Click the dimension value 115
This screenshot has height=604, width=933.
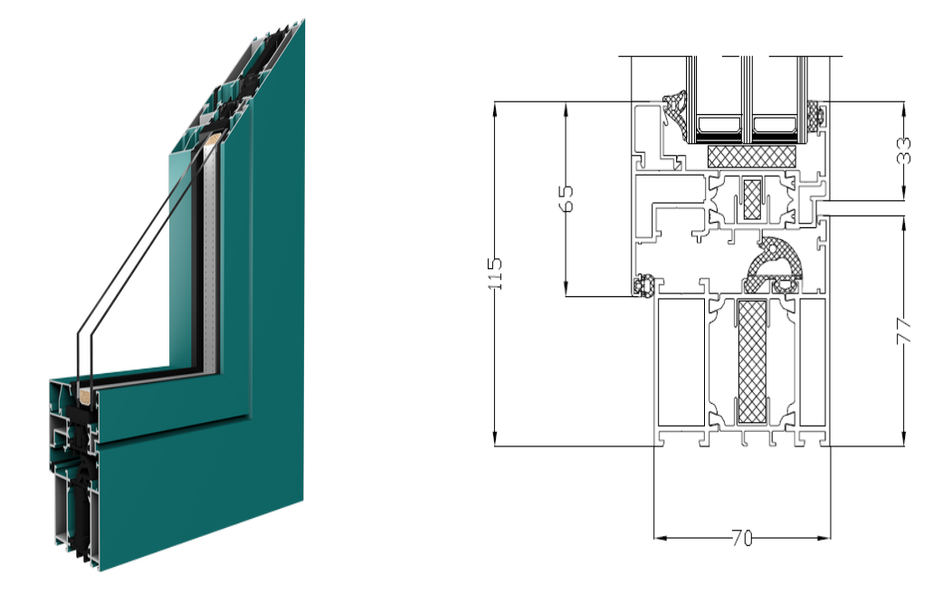click(x=495, y=273)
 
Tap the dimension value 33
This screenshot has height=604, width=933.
click(x=904, y=150)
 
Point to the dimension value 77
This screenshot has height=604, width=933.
click(x=904, y=331)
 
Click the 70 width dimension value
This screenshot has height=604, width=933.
click(x=742, y=539)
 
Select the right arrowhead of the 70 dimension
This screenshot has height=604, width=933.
click(x=824, y=538)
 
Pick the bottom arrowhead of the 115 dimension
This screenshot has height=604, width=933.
click(x=495, y=439)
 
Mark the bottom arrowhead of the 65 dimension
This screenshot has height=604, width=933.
click(x=566, y=290)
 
